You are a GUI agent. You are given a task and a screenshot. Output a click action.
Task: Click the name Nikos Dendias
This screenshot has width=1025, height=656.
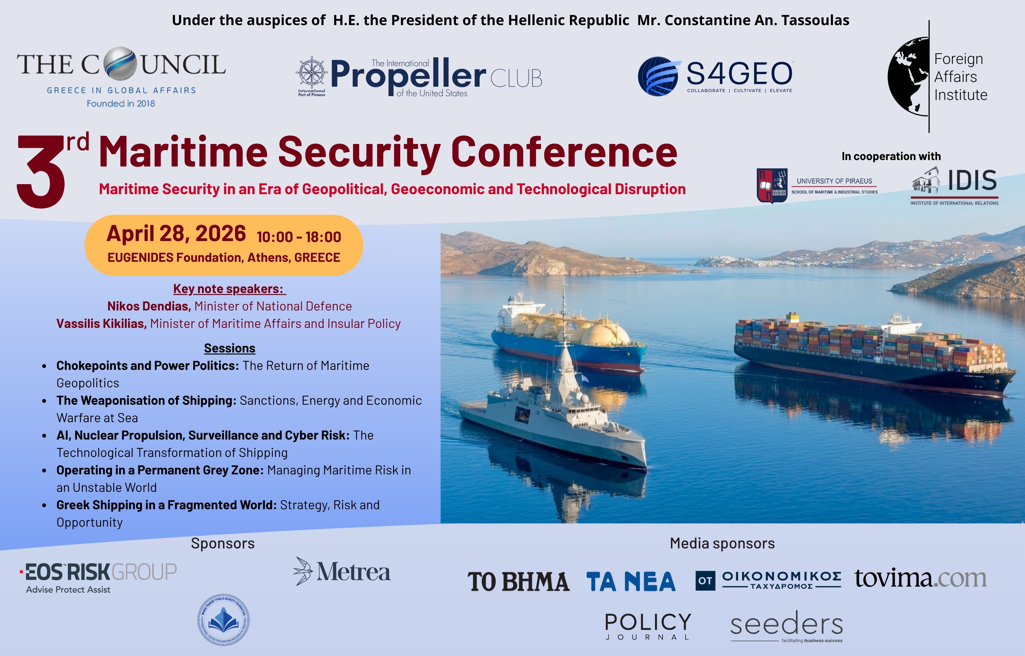[x=149, y=306]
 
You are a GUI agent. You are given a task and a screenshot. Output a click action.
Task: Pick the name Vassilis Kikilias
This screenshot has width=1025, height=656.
[x=101, y=324]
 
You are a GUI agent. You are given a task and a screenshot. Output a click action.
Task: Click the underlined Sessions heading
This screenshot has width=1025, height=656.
[x=230, y=348]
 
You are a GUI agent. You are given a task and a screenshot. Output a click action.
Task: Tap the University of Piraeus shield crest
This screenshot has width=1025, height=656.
[x=772, y=186]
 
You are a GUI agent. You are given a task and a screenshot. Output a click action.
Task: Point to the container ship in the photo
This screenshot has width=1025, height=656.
[x=869, y=353]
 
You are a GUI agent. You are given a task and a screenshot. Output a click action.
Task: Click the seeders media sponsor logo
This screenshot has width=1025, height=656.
[x=786, y=625]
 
